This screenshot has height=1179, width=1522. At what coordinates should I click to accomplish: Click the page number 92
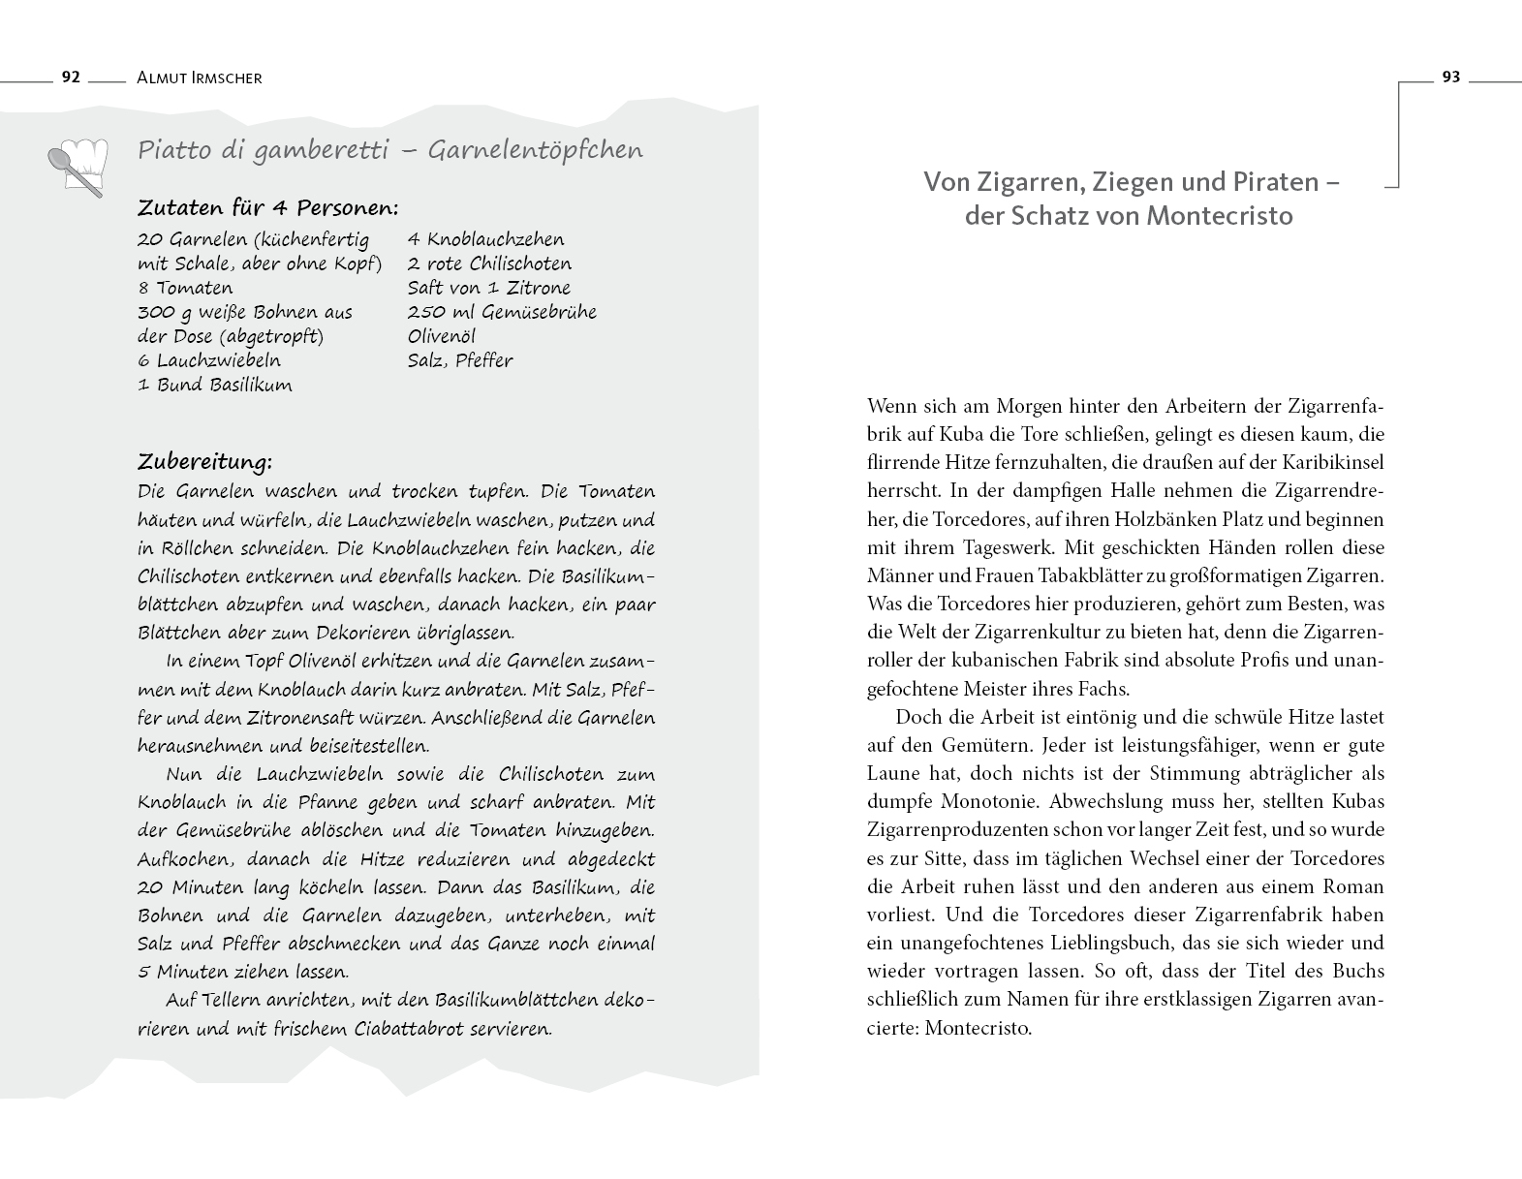pos(70,78)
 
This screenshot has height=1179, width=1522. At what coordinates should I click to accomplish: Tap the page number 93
pos(1450,78)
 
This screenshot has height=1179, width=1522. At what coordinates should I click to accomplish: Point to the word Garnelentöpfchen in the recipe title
pos(535,150)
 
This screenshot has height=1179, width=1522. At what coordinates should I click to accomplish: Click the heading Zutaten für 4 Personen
pos(268,207)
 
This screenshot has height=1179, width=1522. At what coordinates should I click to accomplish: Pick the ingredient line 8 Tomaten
pos(185,288)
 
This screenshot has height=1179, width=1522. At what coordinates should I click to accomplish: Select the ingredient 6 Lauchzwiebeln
pos(209,360)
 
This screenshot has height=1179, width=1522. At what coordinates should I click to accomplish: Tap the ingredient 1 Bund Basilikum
pos(214,385)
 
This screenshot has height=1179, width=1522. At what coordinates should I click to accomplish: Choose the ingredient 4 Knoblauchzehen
pos(485,239)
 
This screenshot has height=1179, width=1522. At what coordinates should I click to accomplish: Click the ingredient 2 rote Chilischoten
pos(489,264)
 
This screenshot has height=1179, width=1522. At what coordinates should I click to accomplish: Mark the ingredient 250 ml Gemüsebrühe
pos(502,312)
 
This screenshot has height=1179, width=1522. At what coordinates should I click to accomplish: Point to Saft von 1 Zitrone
pos(489,288)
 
